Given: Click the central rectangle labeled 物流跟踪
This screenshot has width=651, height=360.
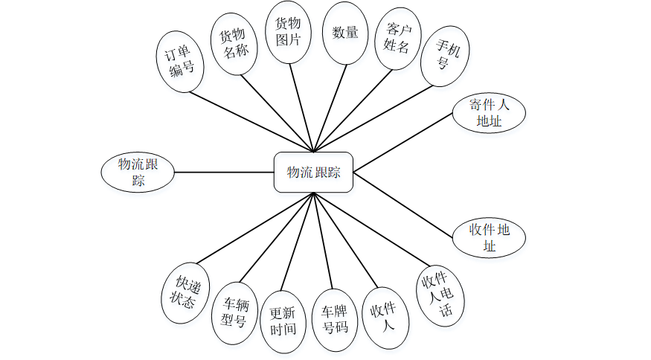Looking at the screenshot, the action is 313,173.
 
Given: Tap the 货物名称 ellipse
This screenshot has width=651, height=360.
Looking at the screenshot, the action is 234,42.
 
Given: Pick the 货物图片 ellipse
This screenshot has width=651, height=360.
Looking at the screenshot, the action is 288,33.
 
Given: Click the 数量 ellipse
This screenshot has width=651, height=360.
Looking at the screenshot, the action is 345,33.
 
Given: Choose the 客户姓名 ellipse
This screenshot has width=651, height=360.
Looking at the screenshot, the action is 397,39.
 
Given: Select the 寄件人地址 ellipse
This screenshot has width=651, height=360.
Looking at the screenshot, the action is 489,113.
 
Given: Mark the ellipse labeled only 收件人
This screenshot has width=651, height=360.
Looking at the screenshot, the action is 384,316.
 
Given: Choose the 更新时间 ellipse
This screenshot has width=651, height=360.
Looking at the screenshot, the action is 283,321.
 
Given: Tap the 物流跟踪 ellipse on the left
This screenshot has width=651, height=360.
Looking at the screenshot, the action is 138,173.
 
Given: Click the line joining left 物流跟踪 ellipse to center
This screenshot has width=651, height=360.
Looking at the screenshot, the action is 223,173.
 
